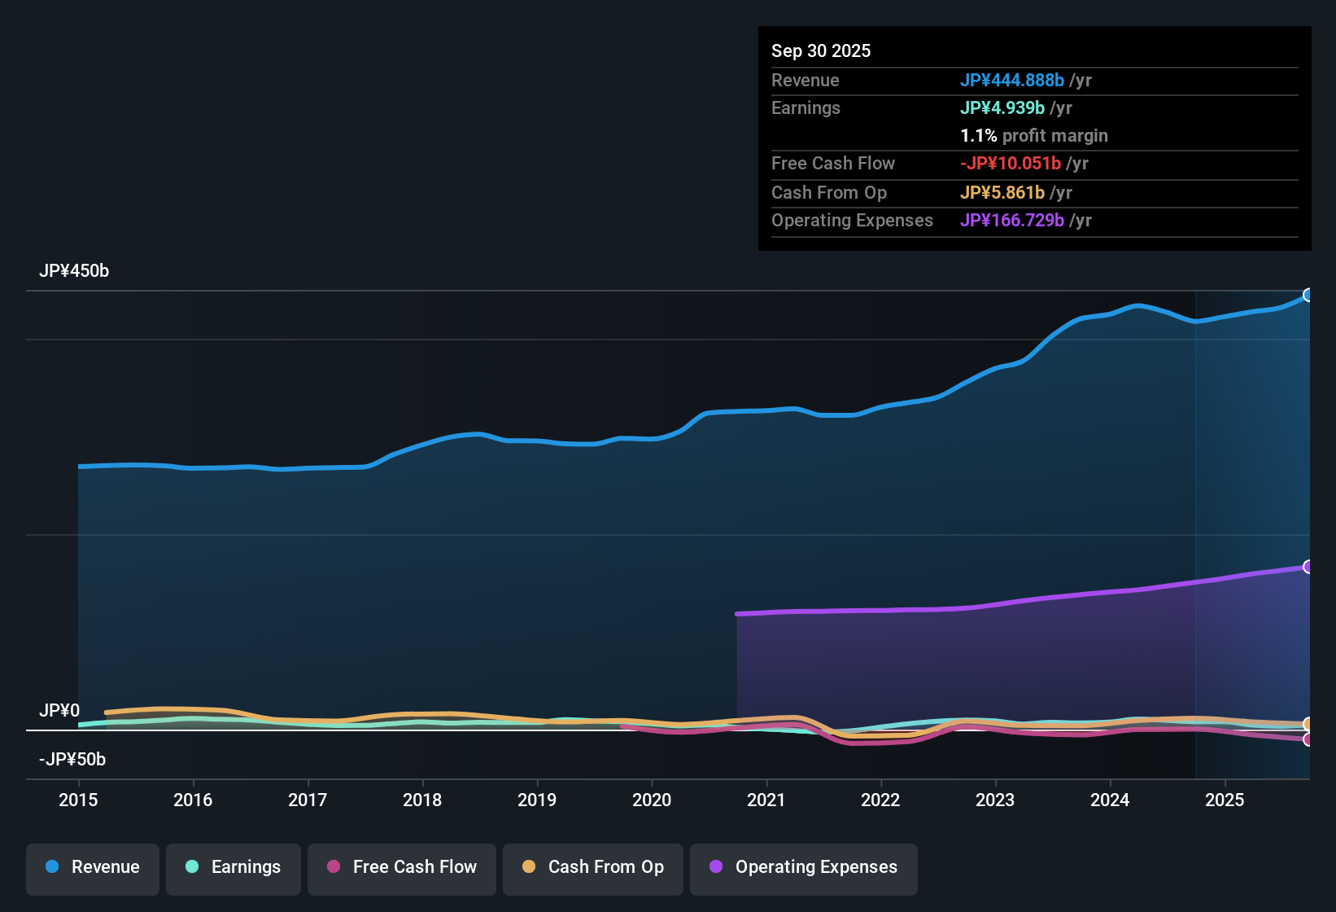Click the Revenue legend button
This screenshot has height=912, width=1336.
pos(93,867)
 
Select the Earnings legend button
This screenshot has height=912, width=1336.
pos(234,867)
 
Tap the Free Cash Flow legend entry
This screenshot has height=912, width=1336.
pos(402,867)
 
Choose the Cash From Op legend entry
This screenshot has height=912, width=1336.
pos(593,867)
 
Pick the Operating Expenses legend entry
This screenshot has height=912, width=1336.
pos(804,867)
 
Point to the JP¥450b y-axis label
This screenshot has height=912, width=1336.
pos(74,271)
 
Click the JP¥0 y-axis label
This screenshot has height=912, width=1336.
pos(59,711)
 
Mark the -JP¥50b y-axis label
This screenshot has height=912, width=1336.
pos(72,760)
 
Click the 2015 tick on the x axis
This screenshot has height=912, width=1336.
pos(78,800)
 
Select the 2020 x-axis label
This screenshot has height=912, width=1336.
pos(652,800)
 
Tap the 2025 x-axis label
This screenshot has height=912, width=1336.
pos(1225,800)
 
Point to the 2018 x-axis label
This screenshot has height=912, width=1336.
pos(422,800)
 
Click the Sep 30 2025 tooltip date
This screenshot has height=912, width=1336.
pos(821,51)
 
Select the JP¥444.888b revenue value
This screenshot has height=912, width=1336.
pos(1011,81)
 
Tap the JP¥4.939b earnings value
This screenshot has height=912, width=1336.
pos(1002,108)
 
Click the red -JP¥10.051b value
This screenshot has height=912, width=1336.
pos(1010,164)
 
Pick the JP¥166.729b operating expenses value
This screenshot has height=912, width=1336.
pos(1011,221)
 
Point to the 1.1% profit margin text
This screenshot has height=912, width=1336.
pos(1033,136)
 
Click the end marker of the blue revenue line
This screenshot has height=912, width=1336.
pos(1308,295)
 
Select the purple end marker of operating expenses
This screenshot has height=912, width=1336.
pos(1308,567)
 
